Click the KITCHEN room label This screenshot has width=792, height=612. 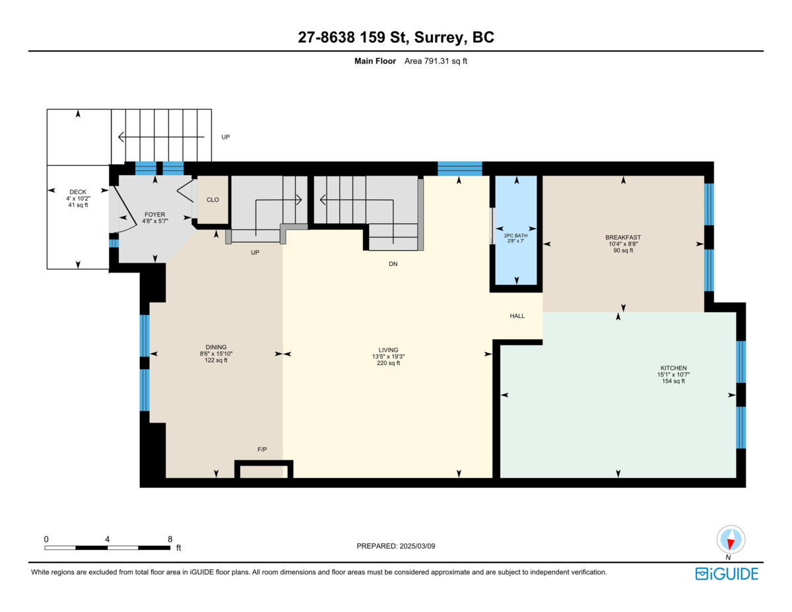[x=673, y=368]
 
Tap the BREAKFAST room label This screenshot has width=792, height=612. [x=623, y=237]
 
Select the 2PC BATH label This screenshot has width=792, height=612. [x=515, y=236]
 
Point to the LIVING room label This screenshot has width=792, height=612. [x=388, y=350]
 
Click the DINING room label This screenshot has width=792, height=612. [x=216, y=347]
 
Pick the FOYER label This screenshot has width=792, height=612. [x=154, y=215]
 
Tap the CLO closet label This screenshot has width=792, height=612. [x=213, y=200]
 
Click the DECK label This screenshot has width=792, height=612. [x=78, y=191]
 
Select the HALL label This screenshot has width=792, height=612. [x=517, y=316]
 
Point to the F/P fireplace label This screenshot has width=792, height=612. [x=262, y=450]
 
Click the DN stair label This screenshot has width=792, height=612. [x=393, y=264]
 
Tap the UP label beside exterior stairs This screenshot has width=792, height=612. [x=226, y=137]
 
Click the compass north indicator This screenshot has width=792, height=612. [x=731, y=540]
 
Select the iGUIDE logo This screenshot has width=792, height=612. [x=727, y=574]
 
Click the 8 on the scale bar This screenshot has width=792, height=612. [x=170, y=539]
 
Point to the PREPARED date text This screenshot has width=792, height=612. [x=396, y=546]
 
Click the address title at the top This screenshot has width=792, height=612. [x=396, y=37]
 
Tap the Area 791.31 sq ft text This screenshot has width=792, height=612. [x=436, y=61]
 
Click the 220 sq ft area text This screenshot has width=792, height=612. [x=388, y=363]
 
